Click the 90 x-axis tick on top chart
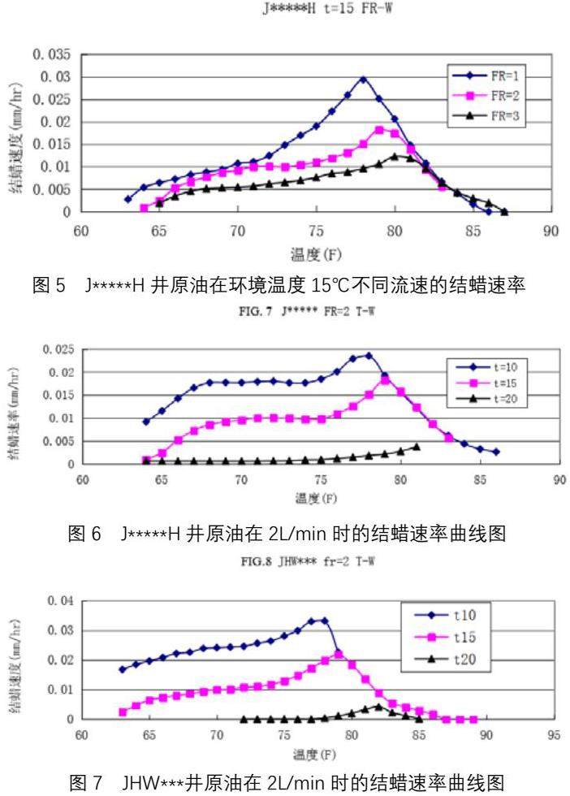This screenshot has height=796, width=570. pos(551,229)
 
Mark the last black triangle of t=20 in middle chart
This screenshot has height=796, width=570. pos(417,447)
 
